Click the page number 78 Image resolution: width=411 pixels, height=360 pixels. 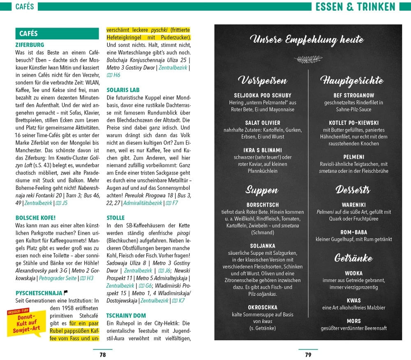103,355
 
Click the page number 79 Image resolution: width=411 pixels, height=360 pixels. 308,355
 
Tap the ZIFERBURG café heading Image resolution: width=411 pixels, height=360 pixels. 30,45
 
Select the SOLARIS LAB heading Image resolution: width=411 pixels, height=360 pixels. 123,90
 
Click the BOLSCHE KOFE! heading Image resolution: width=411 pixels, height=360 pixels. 35,218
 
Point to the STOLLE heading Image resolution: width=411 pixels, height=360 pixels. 115,218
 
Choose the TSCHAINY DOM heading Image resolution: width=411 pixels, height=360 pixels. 126,316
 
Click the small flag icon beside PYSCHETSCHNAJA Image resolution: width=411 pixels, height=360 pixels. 66,293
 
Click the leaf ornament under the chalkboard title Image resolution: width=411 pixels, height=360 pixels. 308,59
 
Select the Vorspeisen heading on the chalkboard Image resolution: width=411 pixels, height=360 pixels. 262,80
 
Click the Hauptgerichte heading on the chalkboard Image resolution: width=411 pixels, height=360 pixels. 351,80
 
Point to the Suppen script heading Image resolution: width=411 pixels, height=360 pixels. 262,190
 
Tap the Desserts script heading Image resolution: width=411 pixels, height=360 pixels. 353,190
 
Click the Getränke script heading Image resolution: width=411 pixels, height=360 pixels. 353,258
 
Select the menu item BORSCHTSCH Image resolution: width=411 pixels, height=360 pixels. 263,205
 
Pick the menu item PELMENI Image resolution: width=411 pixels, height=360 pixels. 353,157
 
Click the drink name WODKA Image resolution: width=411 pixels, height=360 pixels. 353,273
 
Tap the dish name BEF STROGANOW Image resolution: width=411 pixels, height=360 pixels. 353,95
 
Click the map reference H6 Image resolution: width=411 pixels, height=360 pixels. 116,75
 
